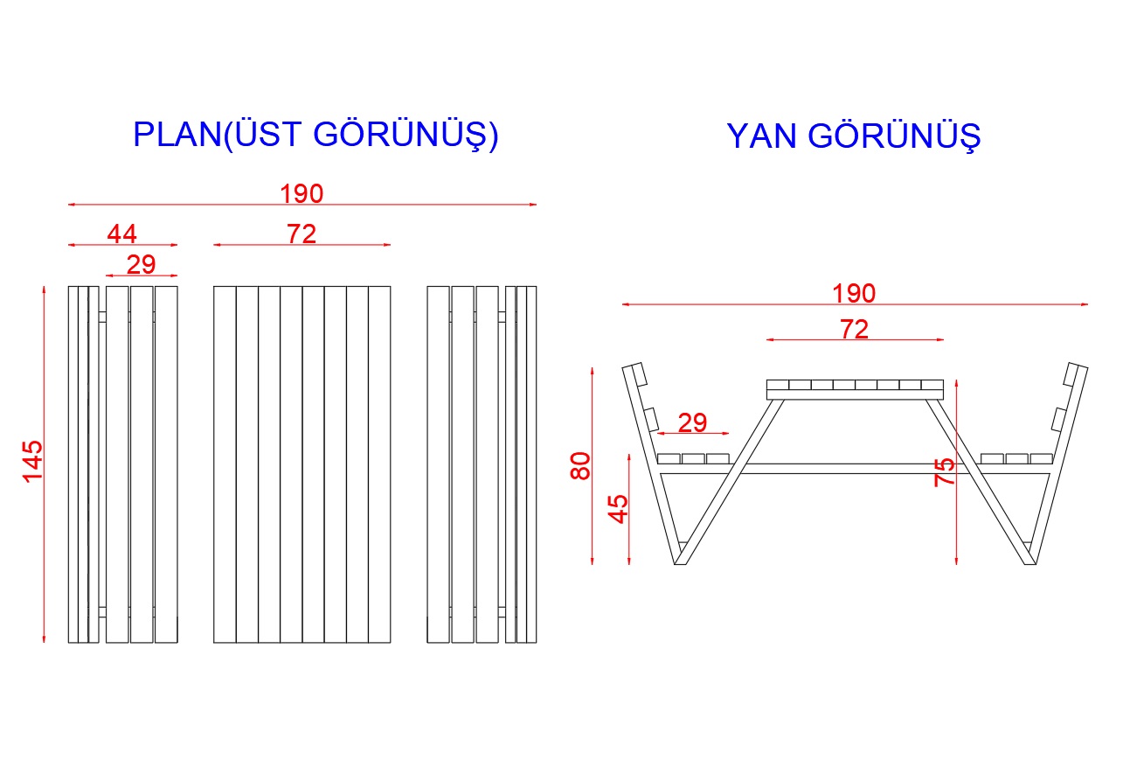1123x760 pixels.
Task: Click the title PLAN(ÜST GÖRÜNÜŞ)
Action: coord(315,135)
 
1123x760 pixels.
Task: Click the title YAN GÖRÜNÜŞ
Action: coord(853,136)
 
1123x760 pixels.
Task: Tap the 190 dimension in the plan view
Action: coord(302,193)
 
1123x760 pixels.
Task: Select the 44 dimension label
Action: coord(122,234)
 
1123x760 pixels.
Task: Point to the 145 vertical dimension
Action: coord(32,461)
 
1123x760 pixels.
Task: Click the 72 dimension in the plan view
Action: coord(302,234)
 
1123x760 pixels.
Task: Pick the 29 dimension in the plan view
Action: coord(141,264)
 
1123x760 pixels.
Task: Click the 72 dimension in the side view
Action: coord(854,329)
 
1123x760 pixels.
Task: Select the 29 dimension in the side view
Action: coord(692,422)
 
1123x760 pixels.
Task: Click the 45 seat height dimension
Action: coord(618,508)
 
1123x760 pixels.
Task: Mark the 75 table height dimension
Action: coord(945,472)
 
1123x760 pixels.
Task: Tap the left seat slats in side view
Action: coord(693,458)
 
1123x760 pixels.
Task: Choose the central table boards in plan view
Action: coord(302,464)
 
